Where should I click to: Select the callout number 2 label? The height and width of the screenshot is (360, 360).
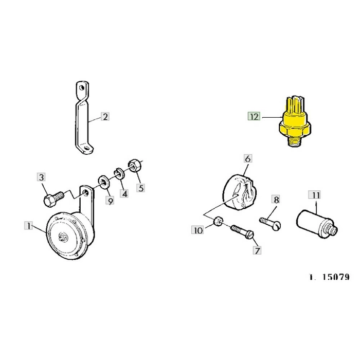pyautogui.click(x=104, y=117)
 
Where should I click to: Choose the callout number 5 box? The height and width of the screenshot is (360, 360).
pyautogui.click(x=140, y=188)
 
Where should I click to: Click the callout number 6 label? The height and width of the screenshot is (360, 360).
pyautogui.click(x=247, y=159)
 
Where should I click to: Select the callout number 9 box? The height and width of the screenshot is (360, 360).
pyautogui.click(x=110, y=200)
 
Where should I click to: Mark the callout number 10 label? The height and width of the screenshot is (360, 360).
pyautogui.click(x=198, y=230)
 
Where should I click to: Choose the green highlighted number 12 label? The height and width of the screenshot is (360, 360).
pyautogui.click(x=254, y=116)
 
